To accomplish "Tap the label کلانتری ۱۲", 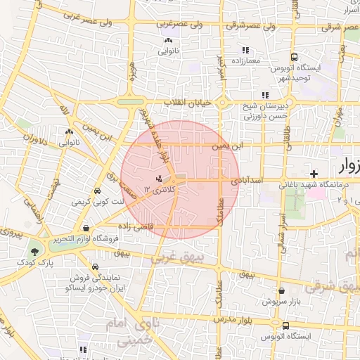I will (159, 190).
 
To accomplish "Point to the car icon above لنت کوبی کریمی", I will (97, 190).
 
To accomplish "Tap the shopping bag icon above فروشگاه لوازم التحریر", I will (86, 228).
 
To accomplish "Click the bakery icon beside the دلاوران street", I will (69, 131).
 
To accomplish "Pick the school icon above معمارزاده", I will (245, 50).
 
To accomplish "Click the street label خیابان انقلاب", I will (188, 103).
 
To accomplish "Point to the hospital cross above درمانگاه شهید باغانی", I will (313, 172).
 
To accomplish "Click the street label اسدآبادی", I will (250, 181).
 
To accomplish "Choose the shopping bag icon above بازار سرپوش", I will (281, 290).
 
